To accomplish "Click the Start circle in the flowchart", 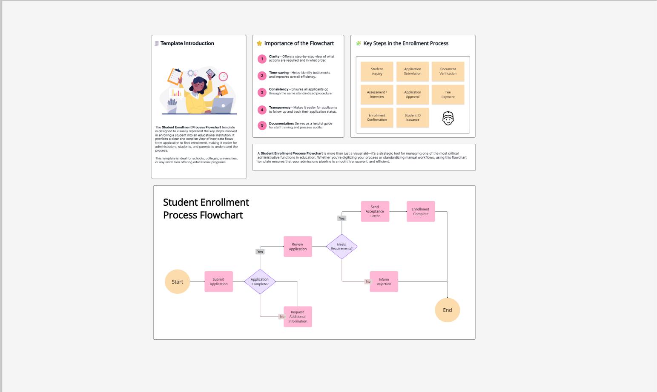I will click(177, 281).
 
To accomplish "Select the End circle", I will click(447, 310).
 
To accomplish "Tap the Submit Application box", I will click(218, 281).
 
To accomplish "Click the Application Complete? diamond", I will click(260, 281).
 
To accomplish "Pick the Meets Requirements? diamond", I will click(341, 247).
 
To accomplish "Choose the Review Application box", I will click(298, 247).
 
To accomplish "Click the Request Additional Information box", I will click(298, 316).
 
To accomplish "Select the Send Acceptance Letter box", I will click(375, 211).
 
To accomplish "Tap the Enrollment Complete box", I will click(421, 211).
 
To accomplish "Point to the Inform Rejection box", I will click(384, 281).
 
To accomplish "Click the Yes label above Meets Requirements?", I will click(341, 218).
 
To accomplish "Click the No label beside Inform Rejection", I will click(368, 281).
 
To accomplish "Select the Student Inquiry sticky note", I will click(377, 71).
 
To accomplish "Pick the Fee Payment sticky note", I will click(448, 94).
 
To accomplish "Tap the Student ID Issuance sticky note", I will click(413, 117).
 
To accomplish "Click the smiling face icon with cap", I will click(448, 118).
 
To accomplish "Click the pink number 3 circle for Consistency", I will click(262, 92).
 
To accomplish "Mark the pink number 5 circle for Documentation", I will click(262, 125).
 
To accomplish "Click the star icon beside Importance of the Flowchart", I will click(259, 43).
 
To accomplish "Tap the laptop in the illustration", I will click(223, 105).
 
